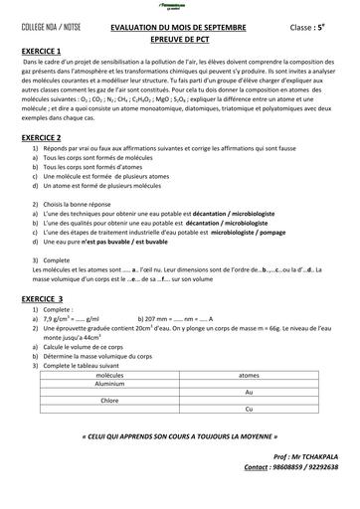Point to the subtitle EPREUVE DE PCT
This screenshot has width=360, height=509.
(x=178, y=41)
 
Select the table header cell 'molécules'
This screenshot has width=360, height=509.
(x=124, y=375)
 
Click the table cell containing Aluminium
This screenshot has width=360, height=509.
(x=124, y=383)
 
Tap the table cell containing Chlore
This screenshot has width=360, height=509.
(x=124, y=400)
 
